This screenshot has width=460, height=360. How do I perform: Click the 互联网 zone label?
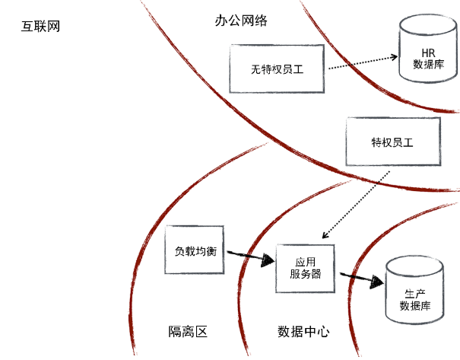[x=41, y=27]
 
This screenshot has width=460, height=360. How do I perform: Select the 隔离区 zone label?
[x=188, y=331]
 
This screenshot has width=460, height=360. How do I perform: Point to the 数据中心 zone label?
[x=303, y=331]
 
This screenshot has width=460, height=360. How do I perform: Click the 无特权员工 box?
[x=277, y=68]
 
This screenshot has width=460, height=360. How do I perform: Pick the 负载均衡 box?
[x=195, y=250]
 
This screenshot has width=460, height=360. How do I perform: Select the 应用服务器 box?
[x=306, y=268]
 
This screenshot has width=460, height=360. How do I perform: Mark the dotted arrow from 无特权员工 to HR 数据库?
[x=361, y=63]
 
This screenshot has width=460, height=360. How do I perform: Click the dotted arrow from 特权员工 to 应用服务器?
[x=357, y=202]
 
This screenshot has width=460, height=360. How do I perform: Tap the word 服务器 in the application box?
[x=306, y=275]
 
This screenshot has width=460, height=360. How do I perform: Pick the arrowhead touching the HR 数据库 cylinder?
[x=395, y=56]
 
